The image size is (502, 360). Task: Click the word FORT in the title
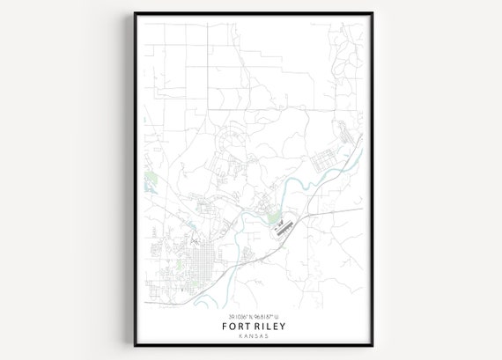235,327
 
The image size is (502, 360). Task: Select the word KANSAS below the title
252,336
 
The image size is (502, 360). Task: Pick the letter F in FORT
225,327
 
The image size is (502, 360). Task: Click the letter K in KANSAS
240,336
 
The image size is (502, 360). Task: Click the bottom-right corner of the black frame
371,346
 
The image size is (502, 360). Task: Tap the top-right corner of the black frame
371,13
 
